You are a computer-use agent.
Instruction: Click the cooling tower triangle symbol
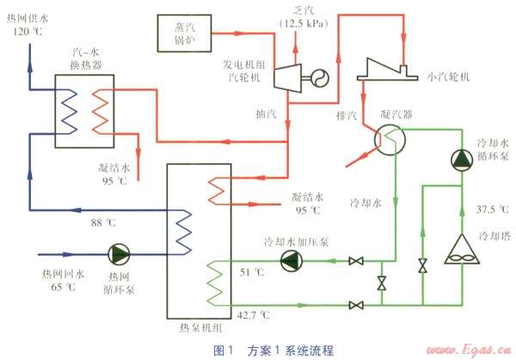pyautogui.click(x=464, y=250)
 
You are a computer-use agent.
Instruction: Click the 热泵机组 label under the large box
pyautogui.click(x=198, y=329)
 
